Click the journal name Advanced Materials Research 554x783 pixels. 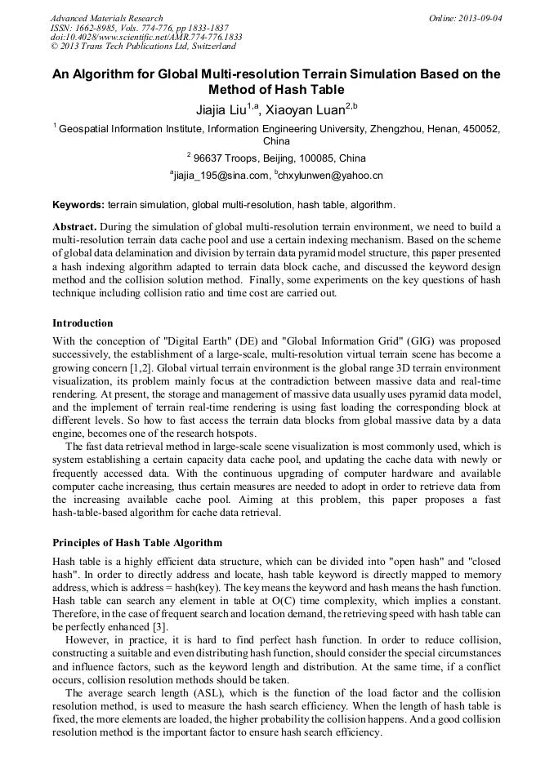(x=106, y=18)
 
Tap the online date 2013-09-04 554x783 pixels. (x=480, y=18)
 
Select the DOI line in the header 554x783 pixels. (x=145, y=38)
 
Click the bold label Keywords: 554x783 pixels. (x=78, y=205)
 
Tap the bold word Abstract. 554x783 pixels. (x=75, y=225)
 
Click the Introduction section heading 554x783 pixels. (x=83, y=323)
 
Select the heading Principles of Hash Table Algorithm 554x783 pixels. (x=137, y=542)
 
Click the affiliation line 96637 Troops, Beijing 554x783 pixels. (x=279, y=158)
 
